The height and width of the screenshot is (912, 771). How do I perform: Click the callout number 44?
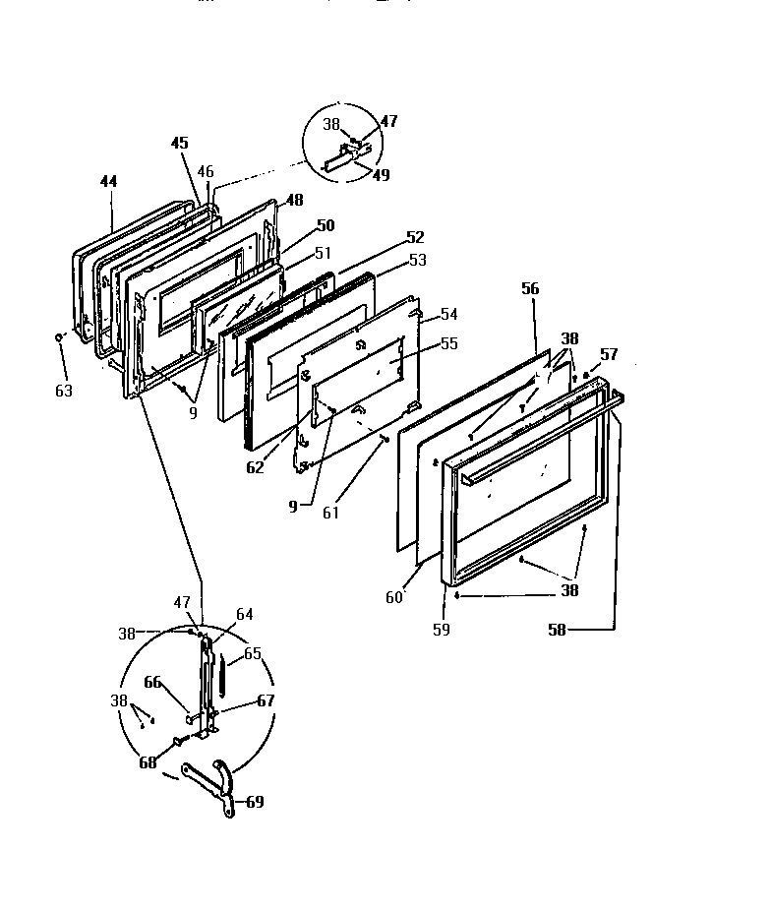(x=108, y=182)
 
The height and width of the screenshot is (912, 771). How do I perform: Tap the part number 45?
(x=179, y=142)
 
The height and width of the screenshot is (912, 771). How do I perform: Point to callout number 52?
(x=415, y=237)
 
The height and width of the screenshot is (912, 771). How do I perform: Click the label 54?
(x=448, y=314)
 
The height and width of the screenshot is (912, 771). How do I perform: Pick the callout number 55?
(x=448, y=344)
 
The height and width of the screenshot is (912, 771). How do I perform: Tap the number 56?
(x=531, y=288)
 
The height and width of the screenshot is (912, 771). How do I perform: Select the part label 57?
(x=609, y=354)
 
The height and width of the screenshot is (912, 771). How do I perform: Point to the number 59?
(x=441, y=629)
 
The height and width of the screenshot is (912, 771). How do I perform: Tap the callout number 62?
(x=255, y=467)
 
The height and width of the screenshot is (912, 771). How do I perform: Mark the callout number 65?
(x=252, y=652)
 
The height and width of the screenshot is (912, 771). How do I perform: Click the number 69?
(x=255, y=801)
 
